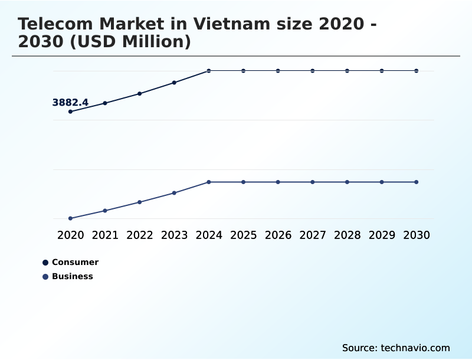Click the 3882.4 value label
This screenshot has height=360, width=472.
pyautogui.click(x=70, y=103)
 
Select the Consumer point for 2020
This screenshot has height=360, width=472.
pyautogui.click(x=71, y=112)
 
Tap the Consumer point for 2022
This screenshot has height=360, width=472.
pyautogui.click(x=140, y=93)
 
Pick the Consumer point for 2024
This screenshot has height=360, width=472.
pyautogui.click(x=209, y=71)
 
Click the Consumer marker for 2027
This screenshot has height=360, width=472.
pyautogui.click(x=313, y=71)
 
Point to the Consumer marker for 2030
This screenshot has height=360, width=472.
pyautogui.click(x=417, y=71)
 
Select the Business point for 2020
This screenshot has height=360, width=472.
pyautogui.click(x=71, y=218)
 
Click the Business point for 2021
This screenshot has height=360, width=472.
pyautogui.click(x=105, y=211)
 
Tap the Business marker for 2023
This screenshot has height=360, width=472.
pyautogui.click(x=175, y=193)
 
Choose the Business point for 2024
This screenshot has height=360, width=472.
pyautogui.click(x=209, y=182)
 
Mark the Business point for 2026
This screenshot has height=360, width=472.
pyautogui.click(x=278, y=182)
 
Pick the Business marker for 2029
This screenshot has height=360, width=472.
pyautogui.click(x=382, y=182)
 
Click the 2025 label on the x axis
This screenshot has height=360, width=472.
pyautogui.click(x=244, y=235)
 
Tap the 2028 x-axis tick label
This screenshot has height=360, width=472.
pyautogui.click(x=348, y=235)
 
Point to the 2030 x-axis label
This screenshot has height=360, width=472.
pyautogui.click(x=417, y=235)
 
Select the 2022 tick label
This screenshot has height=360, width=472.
pyautogui.click(x=140, y=235)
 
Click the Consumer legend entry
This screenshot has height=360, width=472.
pyautogui.click(x=75, y=262)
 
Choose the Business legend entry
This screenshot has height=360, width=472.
pyautogui.click(x=72, y=276)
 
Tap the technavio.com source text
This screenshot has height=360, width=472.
pyautogui.click(x=415, y=348)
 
